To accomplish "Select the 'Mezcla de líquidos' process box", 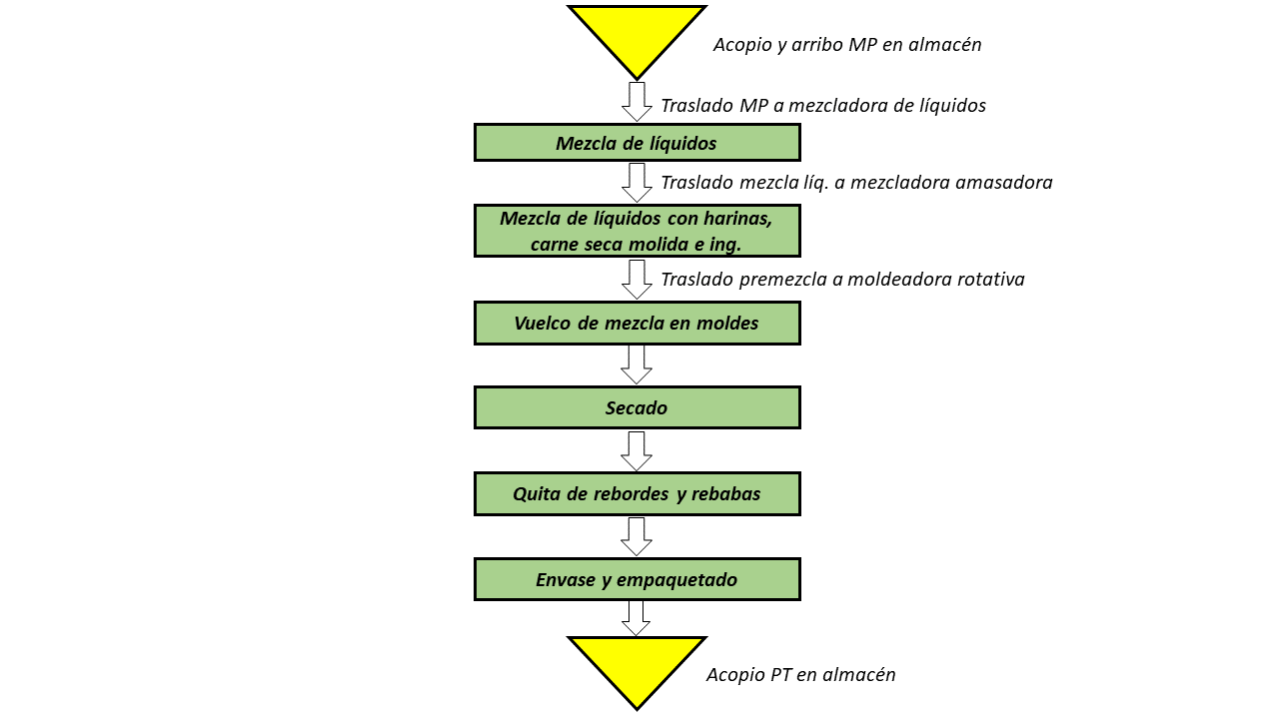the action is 638,143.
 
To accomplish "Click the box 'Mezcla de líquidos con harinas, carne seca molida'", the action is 638,231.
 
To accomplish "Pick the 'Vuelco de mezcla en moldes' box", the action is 638,323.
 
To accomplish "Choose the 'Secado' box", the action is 638,407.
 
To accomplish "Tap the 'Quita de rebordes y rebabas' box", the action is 638,493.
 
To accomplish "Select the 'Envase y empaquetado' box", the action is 638,579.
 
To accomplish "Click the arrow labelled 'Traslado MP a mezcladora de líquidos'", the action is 637,102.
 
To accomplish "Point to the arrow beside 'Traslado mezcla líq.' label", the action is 637,183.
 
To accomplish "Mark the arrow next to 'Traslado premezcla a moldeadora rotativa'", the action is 637,280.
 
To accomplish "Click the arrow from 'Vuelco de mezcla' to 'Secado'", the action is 637,365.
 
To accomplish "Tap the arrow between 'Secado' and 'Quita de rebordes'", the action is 637,450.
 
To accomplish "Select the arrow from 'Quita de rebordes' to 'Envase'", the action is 637,536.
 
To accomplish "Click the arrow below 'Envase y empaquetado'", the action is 637,618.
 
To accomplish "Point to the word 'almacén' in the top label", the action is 945,45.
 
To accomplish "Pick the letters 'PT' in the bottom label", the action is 780,674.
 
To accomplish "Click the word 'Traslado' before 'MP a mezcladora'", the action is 697,106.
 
